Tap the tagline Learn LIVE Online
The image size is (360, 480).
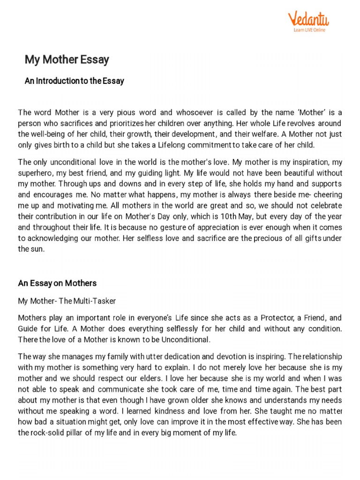[x=309, y=30]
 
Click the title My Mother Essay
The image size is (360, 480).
[x=67, y=60]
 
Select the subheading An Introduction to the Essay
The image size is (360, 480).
[x=74, y=81]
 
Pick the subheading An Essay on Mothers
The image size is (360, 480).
[x=57, y=283]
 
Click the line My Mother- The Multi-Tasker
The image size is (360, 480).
[x=67, y=300]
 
